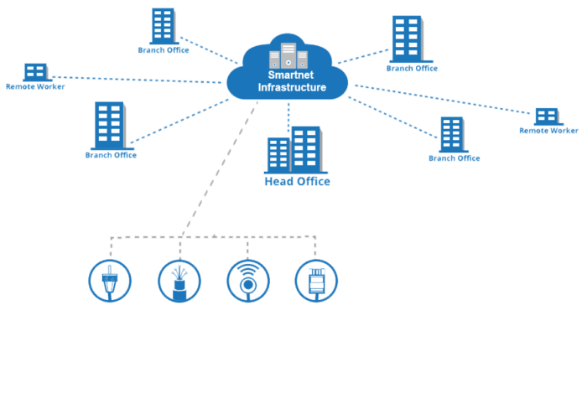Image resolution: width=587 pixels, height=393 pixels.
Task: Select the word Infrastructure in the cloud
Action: coord(291,87)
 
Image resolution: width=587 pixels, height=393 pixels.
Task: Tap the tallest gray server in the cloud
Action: coord(288,54)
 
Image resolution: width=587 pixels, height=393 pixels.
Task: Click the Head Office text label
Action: coord(297,182)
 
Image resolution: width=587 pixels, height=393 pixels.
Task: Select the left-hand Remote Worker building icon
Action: coord(34,72)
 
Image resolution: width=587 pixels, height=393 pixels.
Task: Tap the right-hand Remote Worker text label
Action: coord(548,131)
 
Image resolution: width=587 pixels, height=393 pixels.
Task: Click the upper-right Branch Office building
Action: coord(407,38)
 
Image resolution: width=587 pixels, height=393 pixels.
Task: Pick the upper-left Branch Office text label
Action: coord(164,49)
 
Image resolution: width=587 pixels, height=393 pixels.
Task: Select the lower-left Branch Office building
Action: coord(110,126)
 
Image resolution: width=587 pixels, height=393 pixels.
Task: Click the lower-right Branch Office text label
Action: coord(454,158)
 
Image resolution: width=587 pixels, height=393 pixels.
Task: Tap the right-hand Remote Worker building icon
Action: coord(547,116)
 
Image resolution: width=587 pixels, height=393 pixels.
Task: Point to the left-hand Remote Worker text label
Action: coord(34,86)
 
